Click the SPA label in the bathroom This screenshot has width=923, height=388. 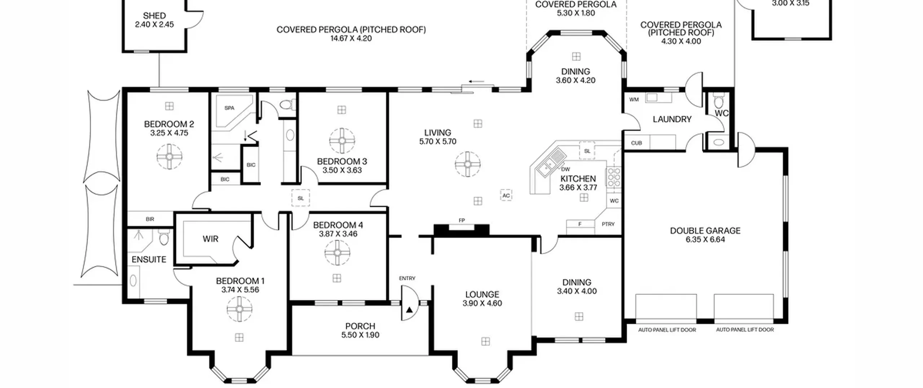tap(229, 108)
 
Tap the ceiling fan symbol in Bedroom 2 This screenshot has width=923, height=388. tap(169, 157)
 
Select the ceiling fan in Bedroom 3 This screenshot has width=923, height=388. tap(342, 141)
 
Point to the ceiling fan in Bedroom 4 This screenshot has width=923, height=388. tap(337, 253)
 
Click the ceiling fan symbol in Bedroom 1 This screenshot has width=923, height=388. tap(240, 309)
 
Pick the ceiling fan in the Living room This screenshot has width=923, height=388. tap(468, 164)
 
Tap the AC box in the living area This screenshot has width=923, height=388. tap(506, 195)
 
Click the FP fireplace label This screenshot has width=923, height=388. tap(462, 220)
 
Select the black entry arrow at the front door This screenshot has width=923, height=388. tap(409, 310)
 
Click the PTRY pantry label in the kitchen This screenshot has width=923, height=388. tap(608, 224)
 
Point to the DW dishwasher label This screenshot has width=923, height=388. tap(566, 169)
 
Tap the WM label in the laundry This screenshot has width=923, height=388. tap(634, 100)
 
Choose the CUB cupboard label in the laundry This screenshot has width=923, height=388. tap(637, 143)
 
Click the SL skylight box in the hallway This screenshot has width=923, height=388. tap(301, 198)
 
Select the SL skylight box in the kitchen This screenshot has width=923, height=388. tap(587, 151)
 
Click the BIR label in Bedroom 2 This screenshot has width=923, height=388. tap(150, 219)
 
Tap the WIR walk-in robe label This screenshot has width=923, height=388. tap(211, 239)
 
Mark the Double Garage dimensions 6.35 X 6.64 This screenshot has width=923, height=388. tap(705, 240)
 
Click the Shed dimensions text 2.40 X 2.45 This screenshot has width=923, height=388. tap(154, 25)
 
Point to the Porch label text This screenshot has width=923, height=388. tap(360, 326)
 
